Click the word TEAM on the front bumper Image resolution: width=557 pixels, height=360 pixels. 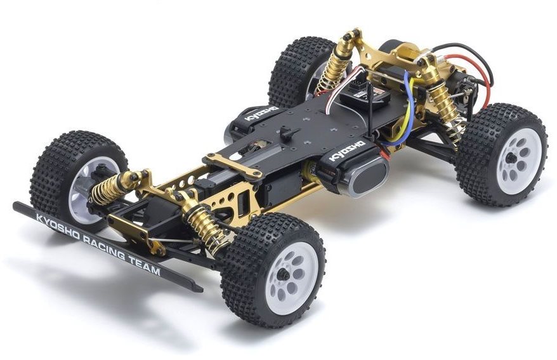(146, 265)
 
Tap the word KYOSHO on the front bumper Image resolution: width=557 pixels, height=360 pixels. (58, 225)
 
